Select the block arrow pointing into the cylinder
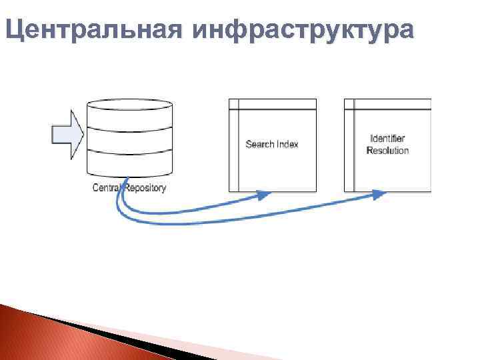[x=67, y=135]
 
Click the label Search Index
[x=272, y=144]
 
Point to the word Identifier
[x=387, y=139]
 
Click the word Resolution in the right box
[x=387, y=151]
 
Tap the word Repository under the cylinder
[x=144, y=188]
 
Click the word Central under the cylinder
[x=105, y=188]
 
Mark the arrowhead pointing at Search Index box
[x=265, y=195]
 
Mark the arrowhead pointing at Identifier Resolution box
[x=379, y=194]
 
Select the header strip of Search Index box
[x=276, y=104]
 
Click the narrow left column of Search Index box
[x=233, y=150]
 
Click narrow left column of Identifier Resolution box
[x=349, y=150]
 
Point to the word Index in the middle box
[x=287, y=144]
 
